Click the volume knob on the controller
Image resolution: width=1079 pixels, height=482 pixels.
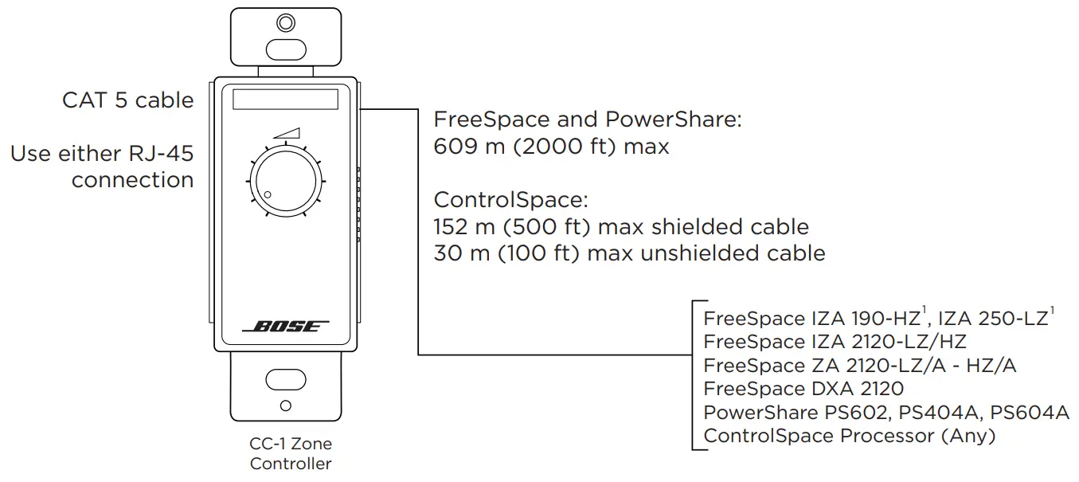coord(285,182)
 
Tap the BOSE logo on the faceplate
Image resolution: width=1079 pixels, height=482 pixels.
coord(285,327)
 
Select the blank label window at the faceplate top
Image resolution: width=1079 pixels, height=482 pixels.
coord(285,100)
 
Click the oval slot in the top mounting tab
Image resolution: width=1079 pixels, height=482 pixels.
coord(285,49)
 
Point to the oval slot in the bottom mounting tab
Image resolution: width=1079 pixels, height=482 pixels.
coord(285,378)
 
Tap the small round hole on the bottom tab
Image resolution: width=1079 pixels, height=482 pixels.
coord(285,406)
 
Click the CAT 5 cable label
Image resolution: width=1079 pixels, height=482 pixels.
coord(128,100)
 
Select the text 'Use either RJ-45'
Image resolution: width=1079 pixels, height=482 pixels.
coord(102,153)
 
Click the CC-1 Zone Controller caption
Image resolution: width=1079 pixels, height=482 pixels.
coord(290,453)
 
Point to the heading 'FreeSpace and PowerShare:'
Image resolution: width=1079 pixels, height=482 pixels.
coord(587,120)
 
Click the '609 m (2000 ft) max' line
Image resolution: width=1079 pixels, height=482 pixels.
coord(551,147)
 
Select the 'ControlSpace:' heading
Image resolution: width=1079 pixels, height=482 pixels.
coord(510,200)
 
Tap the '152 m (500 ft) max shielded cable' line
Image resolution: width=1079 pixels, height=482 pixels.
coord(620,227)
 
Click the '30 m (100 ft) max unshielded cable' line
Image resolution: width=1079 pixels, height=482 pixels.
coord(629,253)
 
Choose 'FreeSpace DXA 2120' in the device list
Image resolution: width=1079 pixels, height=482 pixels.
coord(803,389)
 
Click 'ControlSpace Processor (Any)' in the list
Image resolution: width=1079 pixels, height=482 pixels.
coord(850,436)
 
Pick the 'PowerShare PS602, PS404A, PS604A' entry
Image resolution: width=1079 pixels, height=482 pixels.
coord(886,413)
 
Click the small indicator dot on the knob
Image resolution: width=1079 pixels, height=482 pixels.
coord(268,195)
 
